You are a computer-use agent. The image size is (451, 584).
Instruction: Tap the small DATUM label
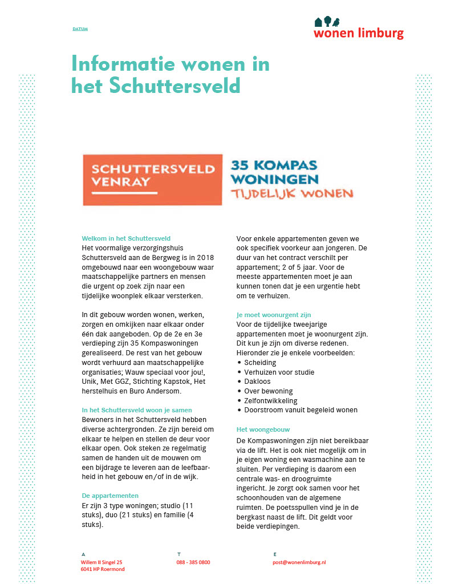pyautogui.click(x=80, y=29)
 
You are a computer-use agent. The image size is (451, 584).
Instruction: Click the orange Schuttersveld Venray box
pyautogui.click(x=152, y=179)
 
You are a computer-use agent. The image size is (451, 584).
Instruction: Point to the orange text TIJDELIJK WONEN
pyautogui.click(x=292, y=194)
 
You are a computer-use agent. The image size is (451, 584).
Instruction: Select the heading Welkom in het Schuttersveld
pyautogui.click(x=126, y=238)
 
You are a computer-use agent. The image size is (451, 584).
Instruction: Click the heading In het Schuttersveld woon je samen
pyautogui.click(x=137, y=410)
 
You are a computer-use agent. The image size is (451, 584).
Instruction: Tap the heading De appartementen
pyautogui.click(x=110, y=496)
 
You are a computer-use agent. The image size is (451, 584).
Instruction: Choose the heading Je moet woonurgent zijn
pyautogui.click(x=274, y=315)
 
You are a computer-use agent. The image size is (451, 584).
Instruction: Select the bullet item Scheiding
pyautogui.click(x=260, y=363)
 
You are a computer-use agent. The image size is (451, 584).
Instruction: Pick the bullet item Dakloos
pyautogui.click(x=257, y=382)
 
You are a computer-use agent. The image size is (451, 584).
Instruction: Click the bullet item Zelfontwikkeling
pyautogui.click(x=271, y=400)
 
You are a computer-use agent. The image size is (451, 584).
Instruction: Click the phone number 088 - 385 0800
pyautogui.click(x=193, y=562)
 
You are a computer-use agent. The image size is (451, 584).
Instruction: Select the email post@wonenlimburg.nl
pyautogui.click(x=299, y=562)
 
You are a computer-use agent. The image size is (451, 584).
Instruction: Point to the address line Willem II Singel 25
pyautogui.click(x=101, y=562)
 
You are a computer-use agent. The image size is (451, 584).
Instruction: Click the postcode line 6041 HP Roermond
pyautogui.click(x=103, y=569)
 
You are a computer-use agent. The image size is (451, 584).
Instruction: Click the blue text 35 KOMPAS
pyautogui.click(x=273, y=166)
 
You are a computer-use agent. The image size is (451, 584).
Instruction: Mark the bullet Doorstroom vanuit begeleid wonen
pyautogui.click(x=300, y=410)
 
